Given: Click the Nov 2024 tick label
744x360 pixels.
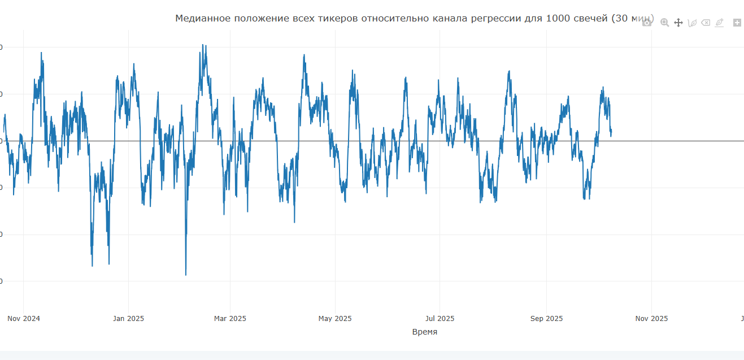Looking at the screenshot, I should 24,319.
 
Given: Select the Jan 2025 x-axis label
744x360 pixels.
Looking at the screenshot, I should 128,319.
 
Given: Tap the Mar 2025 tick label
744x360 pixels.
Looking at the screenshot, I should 230,319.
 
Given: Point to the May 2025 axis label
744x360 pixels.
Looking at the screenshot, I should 335,319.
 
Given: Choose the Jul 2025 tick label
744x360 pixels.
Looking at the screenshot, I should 440,319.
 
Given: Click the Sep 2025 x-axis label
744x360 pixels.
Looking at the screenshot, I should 546,319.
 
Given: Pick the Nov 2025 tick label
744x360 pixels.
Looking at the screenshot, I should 651,319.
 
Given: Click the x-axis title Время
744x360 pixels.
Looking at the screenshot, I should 425,332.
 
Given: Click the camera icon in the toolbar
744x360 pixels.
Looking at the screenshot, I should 647,23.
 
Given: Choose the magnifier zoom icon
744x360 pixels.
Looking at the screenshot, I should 664,23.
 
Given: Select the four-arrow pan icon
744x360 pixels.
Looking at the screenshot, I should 678,23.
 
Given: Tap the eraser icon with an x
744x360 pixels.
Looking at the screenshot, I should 706,23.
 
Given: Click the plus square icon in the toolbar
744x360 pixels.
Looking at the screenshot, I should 737,23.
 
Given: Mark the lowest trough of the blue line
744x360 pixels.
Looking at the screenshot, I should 186,275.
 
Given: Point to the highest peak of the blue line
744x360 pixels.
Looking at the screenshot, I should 203,45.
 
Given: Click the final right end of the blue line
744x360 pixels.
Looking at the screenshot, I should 611,131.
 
